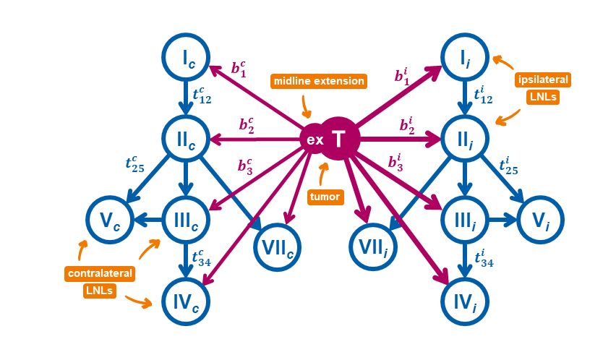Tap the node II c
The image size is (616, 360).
point(186,137)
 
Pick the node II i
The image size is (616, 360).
point(464,137)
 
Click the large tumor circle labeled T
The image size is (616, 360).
point(340,137)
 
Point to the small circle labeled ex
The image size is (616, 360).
point(314,139)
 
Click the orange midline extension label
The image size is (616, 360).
point(319,81)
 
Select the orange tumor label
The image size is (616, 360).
point(325,197)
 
